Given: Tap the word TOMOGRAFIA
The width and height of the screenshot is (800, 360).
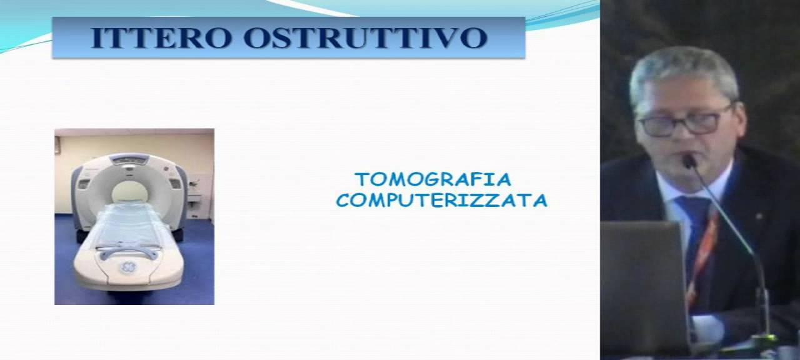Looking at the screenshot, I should [432, 180].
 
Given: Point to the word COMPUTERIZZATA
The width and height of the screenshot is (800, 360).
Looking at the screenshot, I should [441, 201].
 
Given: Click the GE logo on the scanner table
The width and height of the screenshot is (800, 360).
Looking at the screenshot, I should [127, 267].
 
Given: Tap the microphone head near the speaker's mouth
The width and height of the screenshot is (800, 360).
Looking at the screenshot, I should [689, 161].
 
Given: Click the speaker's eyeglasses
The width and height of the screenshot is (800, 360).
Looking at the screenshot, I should [684, 122].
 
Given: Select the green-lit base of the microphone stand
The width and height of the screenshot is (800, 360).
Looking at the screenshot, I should [764, 341].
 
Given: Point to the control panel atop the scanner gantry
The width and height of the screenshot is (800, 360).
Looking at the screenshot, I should [129, 159].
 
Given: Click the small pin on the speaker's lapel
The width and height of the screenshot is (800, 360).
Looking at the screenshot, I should [759, 217].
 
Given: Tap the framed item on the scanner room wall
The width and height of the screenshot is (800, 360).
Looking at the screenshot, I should [57, 145].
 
